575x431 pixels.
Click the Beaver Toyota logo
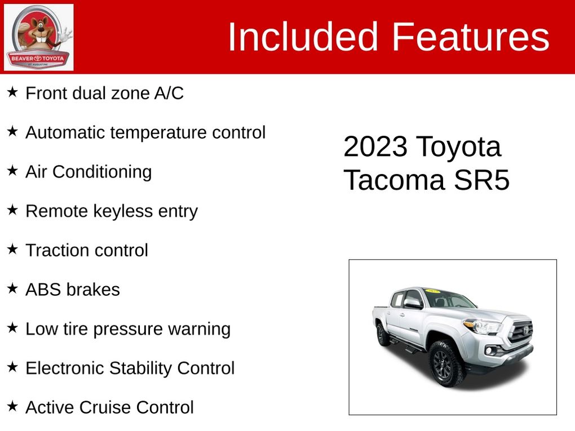pyautogui.click(x=38, y=37)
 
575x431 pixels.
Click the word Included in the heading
pyautogui.click(x=303, y=37)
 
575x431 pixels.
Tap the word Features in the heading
pyautogui.click(x=471, y=37)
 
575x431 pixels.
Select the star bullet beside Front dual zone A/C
pyautogui.click(x=12, y=92)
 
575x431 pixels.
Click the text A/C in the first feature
pyautogui.click(x=169, y=93)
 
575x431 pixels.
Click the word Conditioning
pyautogui.click(x=102, y=172)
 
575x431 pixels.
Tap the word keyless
pyautogui.click(x=123, y=211)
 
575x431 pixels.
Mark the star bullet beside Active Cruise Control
pyautogui.click(x=12, y=406)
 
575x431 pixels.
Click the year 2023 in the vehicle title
pyautogui.click(x=375, y=146)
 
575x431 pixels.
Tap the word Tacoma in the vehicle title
pyautogui.click(x=394, y=180)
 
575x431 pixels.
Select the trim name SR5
pyautogui.click(x=481, y=180)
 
